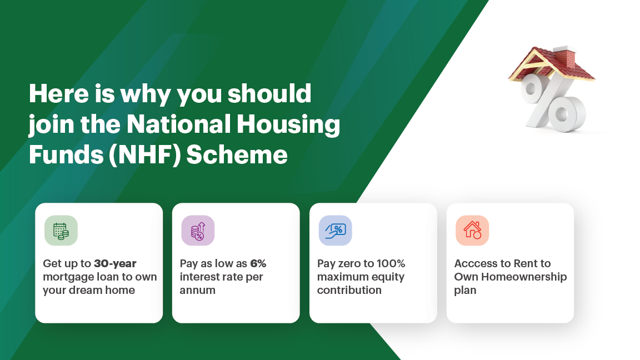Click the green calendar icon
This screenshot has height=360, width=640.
click(x=61, y=231)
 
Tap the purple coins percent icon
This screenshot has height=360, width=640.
click(x=198, y=231)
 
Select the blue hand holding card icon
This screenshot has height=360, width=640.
click(x=335, y=231)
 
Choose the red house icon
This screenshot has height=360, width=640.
click(x=472, y=231)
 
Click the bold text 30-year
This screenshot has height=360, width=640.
click(x=115, y=264)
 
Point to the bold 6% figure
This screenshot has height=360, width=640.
click(x=258, y=264)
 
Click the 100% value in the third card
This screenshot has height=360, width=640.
click(x=391, y=264)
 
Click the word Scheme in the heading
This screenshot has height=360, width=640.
click(x=237, y=155)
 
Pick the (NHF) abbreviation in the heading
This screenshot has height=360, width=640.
click(x=145, y=156)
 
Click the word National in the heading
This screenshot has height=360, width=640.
click(x=179, y=124)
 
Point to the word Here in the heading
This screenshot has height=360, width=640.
click(x=59, y=93)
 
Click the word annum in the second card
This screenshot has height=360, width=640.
click(x=198, y=290)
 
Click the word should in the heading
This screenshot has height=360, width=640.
click(x=269, y=93)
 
